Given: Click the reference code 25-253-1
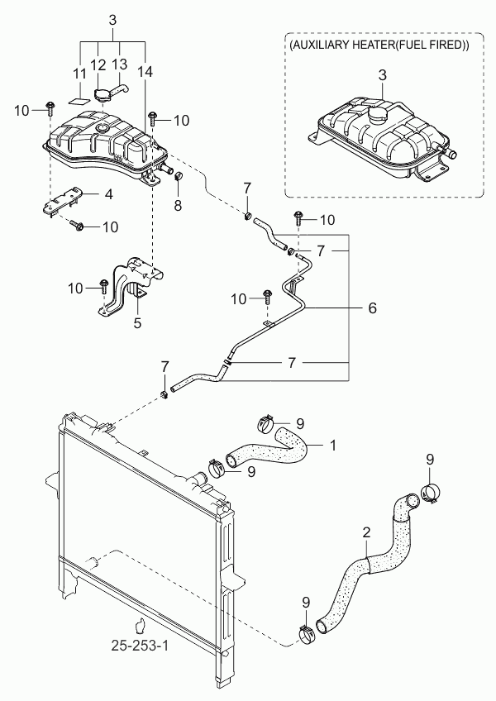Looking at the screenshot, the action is coord(140,646).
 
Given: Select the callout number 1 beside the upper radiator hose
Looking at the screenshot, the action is coord(332,446).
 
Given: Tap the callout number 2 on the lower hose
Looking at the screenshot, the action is coord(367,532).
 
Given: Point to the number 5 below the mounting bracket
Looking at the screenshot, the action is coord(137,322).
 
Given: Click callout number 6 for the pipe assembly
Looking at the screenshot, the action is coord(373,308).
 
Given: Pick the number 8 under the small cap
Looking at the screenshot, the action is coord(178,206).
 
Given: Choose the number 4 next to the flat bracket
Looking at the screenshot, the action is coord(108,194).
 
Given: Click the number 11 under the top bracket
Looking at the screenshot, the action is coord(79,74).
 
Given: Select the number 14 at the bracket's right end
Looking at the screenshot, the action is coord(145,71).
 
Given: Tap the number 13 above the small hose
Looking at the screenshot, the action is coord(119,64).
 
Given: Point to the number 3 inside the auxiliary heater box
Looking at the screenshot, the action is coord(382,74).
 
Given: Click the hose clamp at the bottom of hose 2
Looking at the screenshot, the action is coord(307,635).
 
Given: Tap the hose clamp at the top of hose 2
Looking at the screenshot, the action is coord(430,494).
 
